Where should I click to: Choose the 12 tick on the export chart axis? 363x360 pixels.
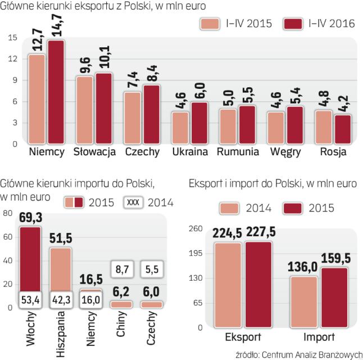[x=12, y=59]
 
